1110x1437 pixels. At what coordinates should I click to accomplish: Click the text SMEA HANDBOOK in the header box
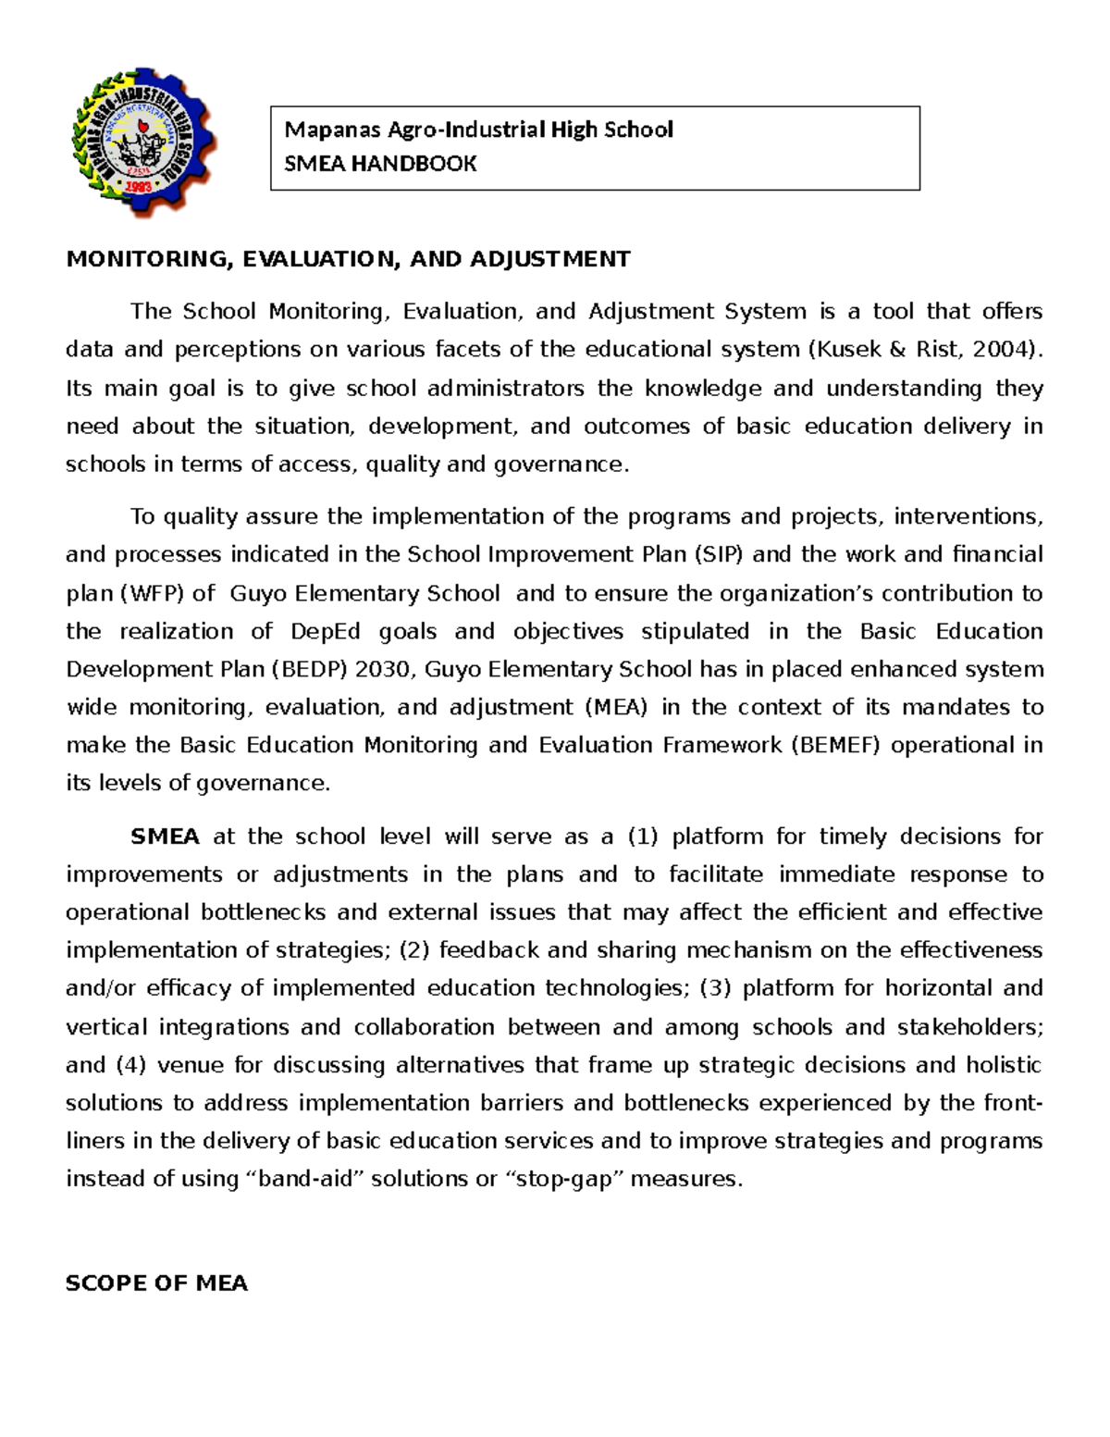pyautogui.click(x=380, y=164)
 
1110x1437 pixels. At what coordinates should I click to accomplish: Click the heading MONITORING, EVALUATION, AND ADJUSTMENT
pyautogui.click(x=348, y=259)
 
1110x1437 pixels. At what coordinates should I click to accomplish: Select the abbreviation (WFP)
pyautogui.click(x=153, y=593)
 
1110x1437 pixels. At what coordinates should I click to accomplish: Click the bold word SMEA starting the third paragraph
pyautogui.click(x=165, y=836)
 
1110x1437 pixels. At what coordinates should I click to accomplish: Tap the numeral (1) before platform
pyautogui.click(x=643, y=836)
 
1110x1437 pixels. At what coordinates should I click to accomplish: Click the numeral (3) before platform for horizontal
pyautogui.click(x=715, y=988)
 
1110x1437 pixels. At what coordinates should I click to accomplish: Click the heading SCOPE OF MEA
pyautogui.click(x=156, y=1283)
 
